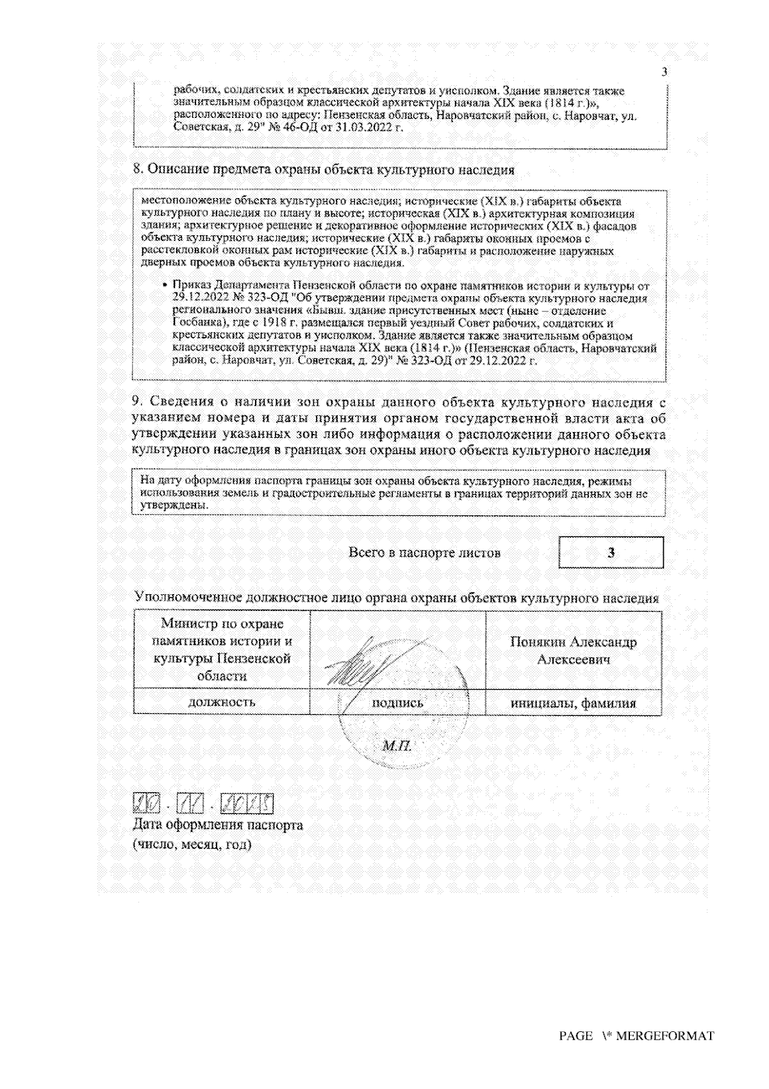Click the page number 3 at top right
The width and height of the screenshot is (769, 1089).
pyautogui.click(x=664, y=71)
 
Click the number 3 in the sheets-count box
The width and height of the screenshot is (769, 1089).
pyautogui.click(x=611, y=553)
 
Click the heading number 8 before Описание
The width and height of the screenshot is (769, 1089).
pyautogui.click(x=136, y=170)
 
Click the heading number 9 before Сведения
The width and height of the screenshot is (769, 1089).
pyautogui.click(x=136, y=403)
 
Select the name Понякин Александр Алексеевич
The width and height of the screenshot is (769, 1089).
pyautogui.click(x=573, y=651)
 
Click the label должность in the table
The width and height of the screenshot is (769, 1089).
pyautogui.click(x=221, y=702)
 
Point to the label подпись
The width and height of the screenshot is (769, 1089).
pyautogui.click(x=397, y=702)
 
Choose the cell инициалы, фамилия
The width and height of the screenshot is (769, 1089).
pyautogui.click(x=573, y=703)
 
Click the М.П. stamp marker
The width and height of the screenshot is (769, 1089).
pyautogui.click(x=396, y=746)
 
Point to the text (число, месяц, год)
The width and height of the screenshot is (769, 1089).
pyautogui.click(x=192, y=844)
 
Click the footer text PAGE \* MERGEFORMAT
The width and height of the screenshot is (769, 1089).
pyautogui.click(x=636, y=1036)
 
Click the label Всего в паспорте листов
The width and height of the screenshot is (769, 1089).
pyautogui.click(x=424, y=553)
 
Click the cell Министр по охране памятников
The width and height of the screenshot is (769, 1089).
pyautogui.click(x=222, y=649)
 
